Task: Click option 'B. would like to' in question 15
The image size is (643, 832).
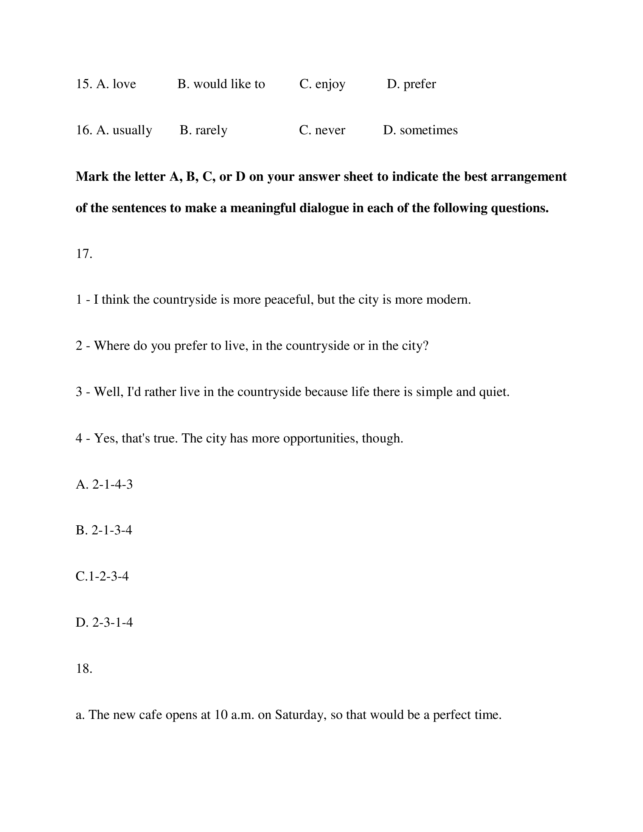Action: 221,84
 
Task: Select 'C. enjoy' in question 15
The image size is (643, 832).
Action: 322,84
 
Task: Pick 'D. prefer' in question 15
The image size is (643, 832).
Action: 412,84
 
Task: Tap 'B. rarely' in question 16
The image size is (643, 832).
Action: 203,130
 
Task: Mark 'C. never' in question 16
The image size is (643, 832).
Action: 322,130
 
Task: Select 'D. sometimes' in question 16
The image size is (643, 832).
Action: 420,130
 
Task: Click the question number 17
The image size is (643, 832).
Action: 84,254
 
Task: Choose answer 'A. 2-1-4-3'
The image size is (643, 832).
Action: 104,484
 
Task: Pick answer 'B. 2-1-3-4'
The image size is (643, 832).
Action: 104,530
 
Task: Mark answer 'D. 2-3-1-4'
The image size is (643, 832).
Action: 104,622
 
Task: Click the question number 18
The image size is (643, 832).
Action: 84,669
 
